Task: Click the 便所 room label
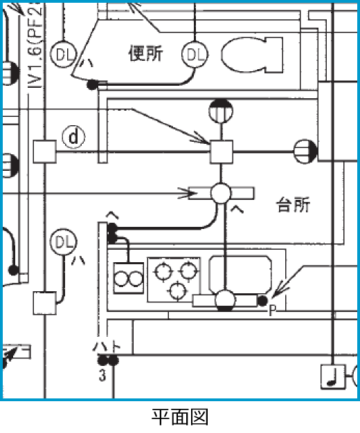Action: tap(146, 53)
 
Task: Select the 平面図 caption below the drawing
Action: tap(179, 417)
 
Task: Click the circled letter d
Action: tap(73, 137)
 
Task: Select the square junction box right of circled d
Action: tap(44, 150)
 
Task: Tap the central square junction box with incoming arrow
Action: tap(222, 149)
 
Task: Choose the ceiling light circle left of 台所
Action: tap(222, 192)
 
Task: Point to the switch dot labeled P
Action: tap(262, 300)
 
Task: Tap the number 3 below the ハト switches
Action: tap(102, 376)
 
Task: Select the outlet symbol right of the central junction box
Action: tap(305, 149)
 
